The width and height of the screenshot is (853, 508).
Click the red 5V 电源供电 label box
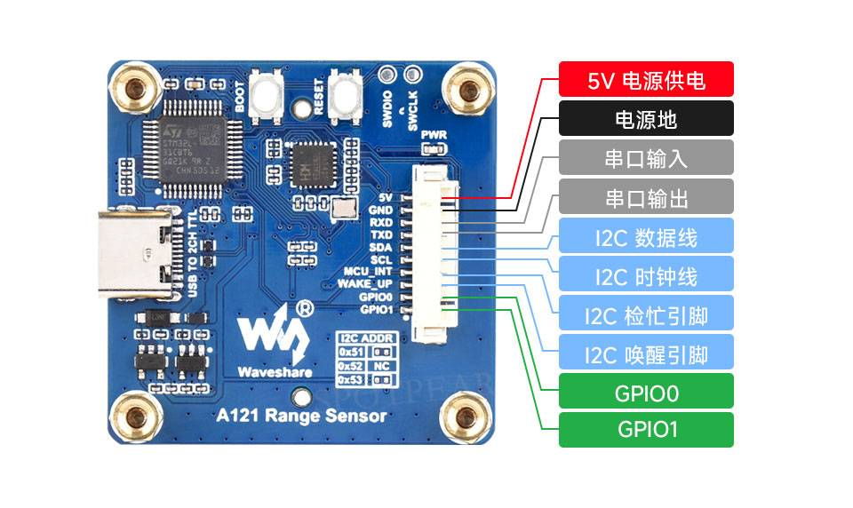[x=646, y=79]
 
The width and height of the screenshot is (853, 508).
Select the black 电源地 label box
[x=646, y=118]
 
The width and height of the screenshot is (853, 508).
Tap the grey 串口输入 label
[x=646, y=157]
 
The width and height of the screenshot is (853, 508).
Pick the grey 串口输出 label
[x=646, y=196]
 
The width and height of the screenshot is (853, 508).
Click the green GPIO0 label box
[x=646, y=392]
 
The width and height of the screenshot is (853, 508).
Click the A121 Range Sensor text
[x=302, y=415]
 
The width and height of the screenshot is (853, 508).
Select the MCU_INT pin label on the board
[x=368, y=271]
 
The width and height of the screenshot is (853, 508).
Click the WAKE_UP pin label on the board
[x=365, y=283]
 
